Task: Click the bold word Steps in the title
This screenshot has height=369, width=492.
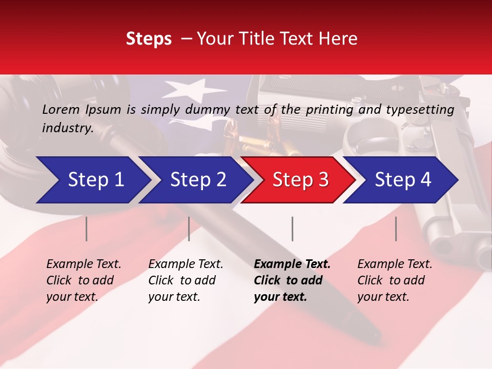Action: click(149, 39)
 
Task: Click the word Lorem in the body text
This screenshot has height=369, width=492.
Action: click(61, 109)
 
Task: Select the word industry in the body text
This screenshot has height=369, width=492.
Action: click(67, 128)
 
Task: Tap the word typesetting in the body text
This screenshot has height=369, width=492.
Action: click(420, 109)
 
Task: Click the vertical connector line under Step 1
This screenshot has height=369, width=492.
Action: click(87, 229)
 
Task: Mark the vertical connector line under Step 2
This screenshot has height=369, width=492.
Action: click(189, 229)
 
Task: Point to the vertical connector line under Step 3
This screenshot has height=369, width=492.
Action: click(292, 229)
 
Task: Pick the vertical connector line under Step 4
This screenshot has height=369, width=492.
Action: click(396, 229)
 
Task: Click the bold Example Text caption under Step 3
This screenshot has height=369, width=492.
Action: click(292, 280)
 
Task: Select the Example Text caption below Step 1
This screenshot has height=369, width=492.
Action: click(84, 280)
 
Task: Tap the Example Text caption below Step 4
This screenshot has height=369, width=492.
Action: click(395, 280)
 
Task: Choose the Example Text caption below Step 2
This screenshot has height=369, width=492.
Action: click(186, 280)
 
